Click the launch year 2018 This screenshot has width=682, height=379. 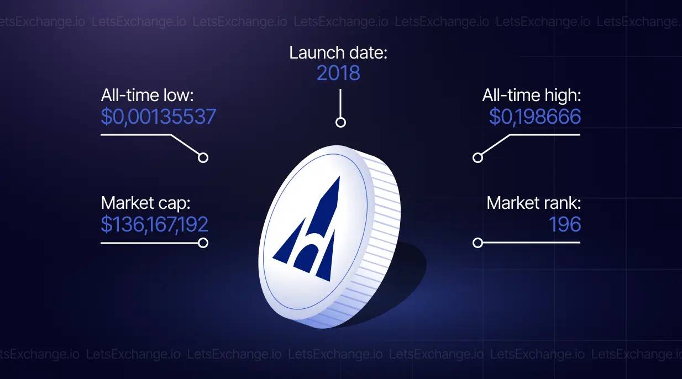tap(338, 73)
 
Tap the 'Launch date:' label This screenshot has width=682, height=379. tap(338, 52)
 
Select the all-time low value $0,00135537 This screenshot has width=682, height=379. tap(158, 117)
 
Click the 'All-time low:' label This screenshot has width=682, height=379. tap(147, 95)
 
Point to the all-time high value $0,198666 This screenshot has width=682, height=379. tap(535, 117)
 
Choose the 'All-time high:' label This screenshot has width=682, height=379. tap(532, 95)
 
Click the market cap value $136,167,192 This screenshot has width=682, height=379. tap(154, 224)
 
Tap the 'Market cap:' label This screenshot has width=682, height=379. tap(145, 203)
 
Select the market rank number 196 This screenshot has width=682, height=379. tap(565, 224)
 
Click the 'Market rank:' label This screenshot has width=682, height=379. tap(534, 203)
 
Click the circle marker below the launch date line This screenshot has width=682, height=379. tap(340, 123)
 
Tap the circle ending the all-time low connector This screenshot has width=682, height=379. tap(203, 157)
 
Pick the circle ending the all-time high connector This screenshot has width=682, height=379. tap(478, 157)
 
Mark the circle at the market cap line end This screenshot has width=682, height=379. tap(203, 243)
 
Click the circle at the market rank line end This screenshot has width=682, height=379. tap(478, 243)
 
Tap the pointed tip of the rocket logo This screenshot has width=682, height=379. tap(339, 177)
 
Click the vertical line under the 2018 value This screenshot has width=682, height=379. tap(340, 103)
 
